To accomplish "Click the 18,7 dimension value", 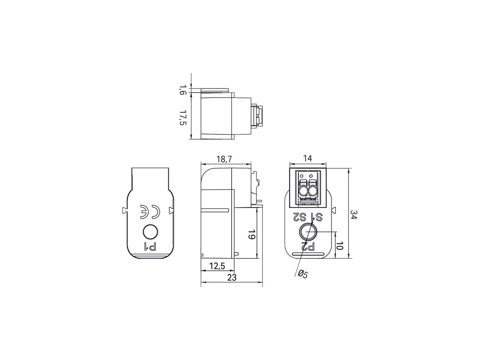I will coord(224,159).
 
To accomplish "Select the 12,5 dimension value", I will coord(217,266).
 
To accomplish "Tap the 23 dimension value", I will coord(231,277).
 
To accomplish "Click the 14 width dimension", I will coord(307,158).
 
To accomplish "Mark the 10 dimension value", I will coord(339,245).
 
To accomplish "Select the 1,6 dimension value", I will coord(183,90).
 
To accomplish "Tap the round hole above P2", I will coord(308,232).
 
